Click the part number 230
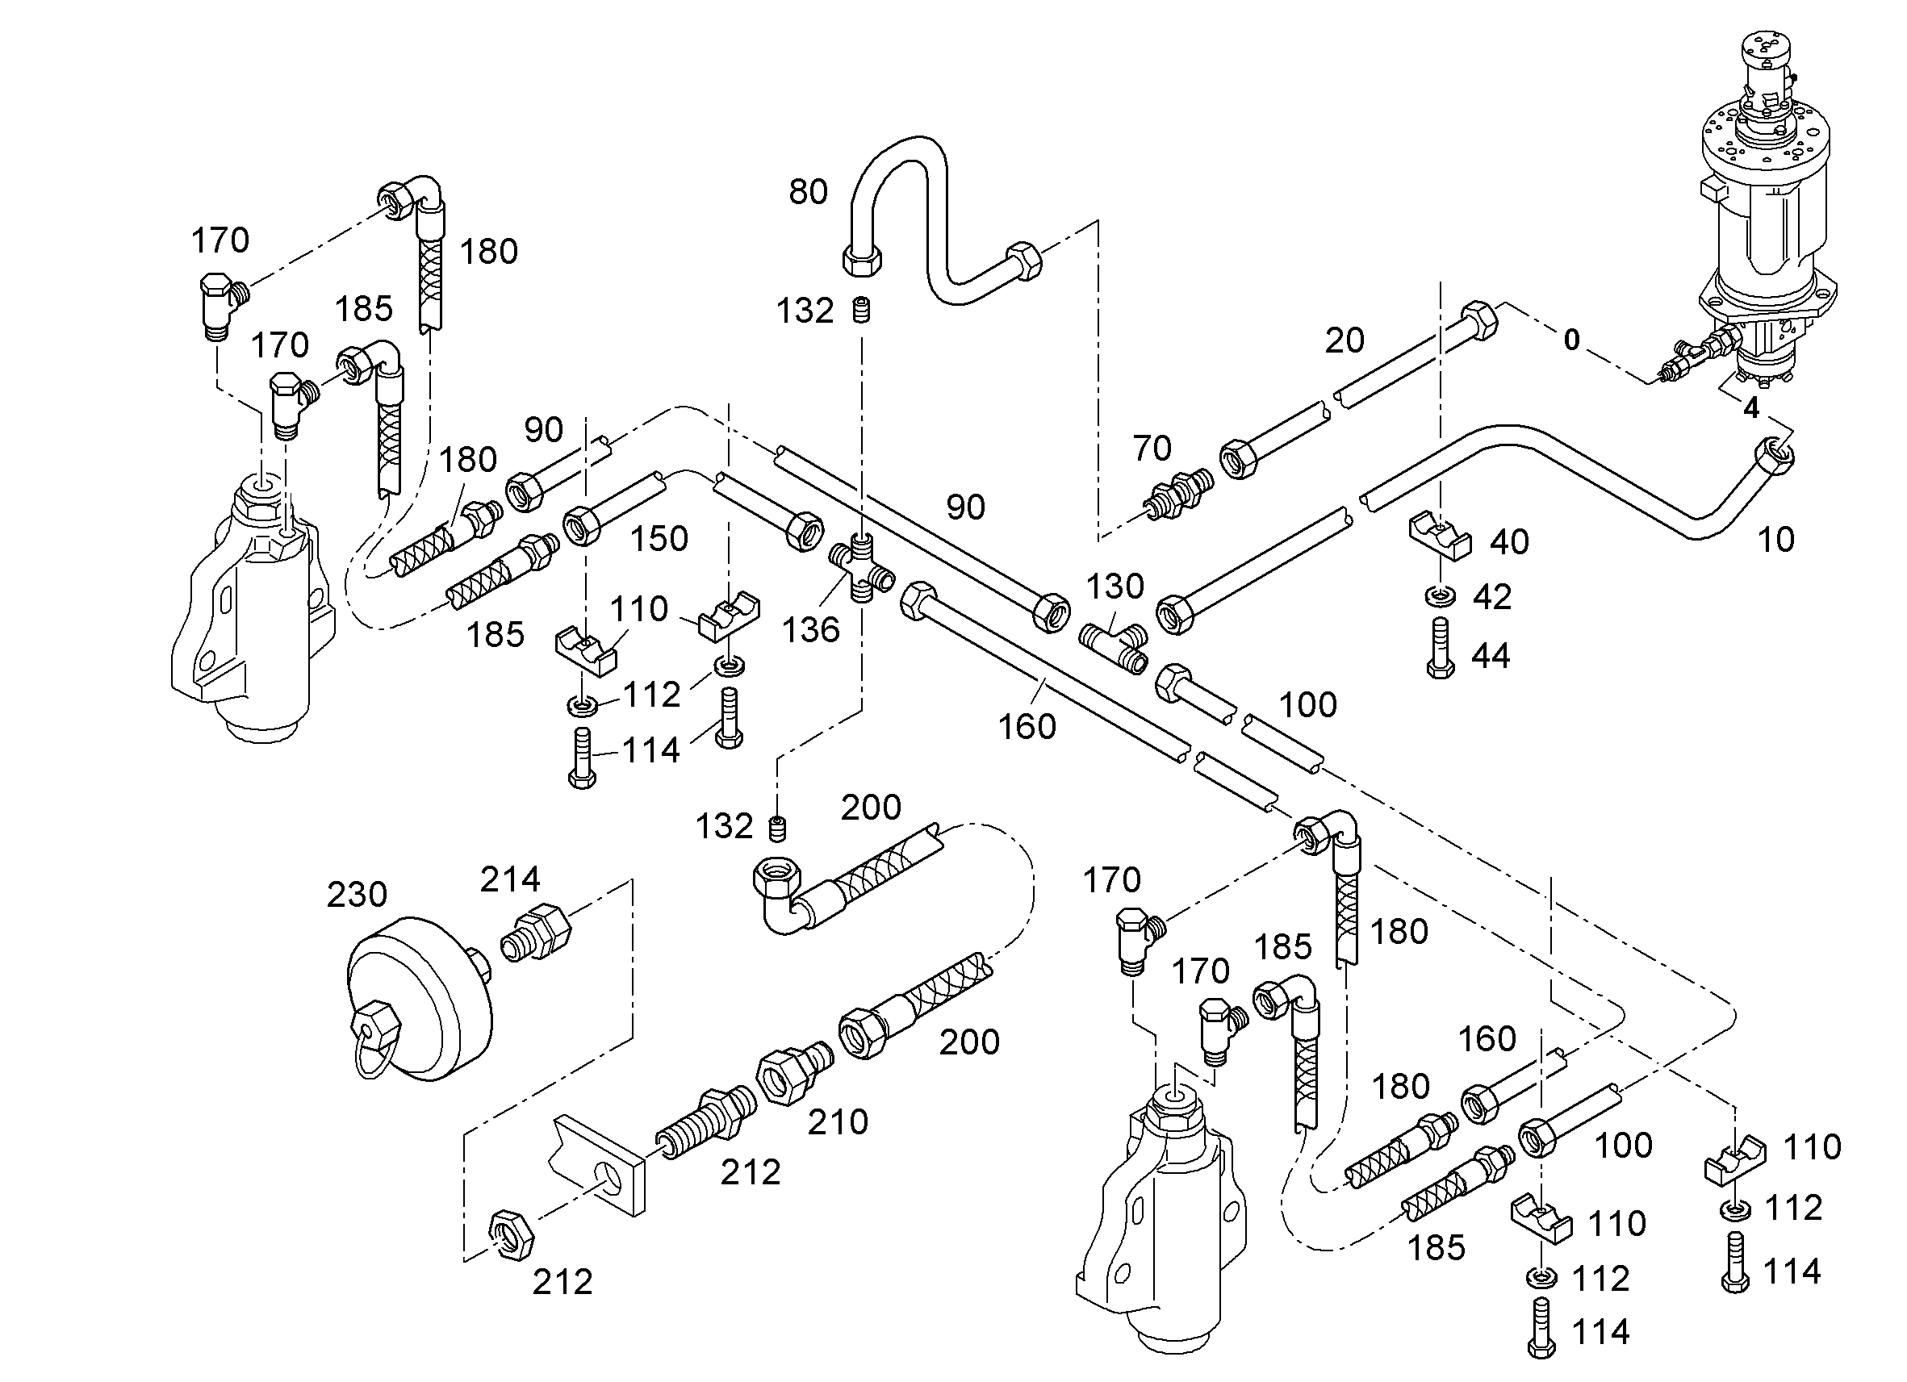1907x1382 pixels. coord(357,895)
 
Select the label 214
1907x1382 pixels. coord(509,879)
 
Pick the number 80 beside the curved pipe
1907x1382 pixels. coord(808,192)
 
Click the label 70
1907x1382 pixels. coord(1151,448)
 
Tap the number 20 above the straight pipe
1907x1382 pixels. coord(1345,340)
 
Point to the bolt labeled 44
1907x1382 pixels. coord(1441,647)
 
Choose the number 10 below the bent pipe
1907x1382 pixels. coord(1775,540)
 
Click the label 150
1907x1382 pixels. coord(659,539)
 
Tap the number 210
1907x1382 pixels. coord(838,1121)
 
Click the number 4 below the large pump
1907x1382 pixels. coord(1751,408)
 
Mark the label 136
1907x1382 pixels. coord(810,629)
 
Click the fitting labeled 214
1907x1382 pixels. coord(537,934)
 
